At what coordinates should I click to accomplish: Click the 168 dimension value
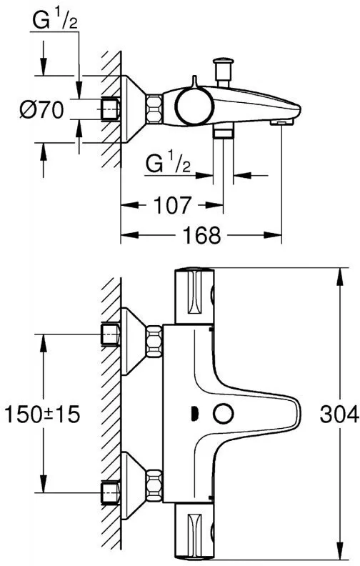pyautogui.click(x=201, y=236)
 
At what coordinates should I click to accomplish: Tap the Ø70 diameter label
pyautogui.click(x=44, y=111)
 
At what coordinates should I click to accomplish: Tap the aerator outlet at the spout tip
pyautogui.click(x=284, y=122)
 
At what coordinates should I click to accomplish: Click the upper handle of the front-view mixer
pyautogui.click(x=194, y=296)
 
